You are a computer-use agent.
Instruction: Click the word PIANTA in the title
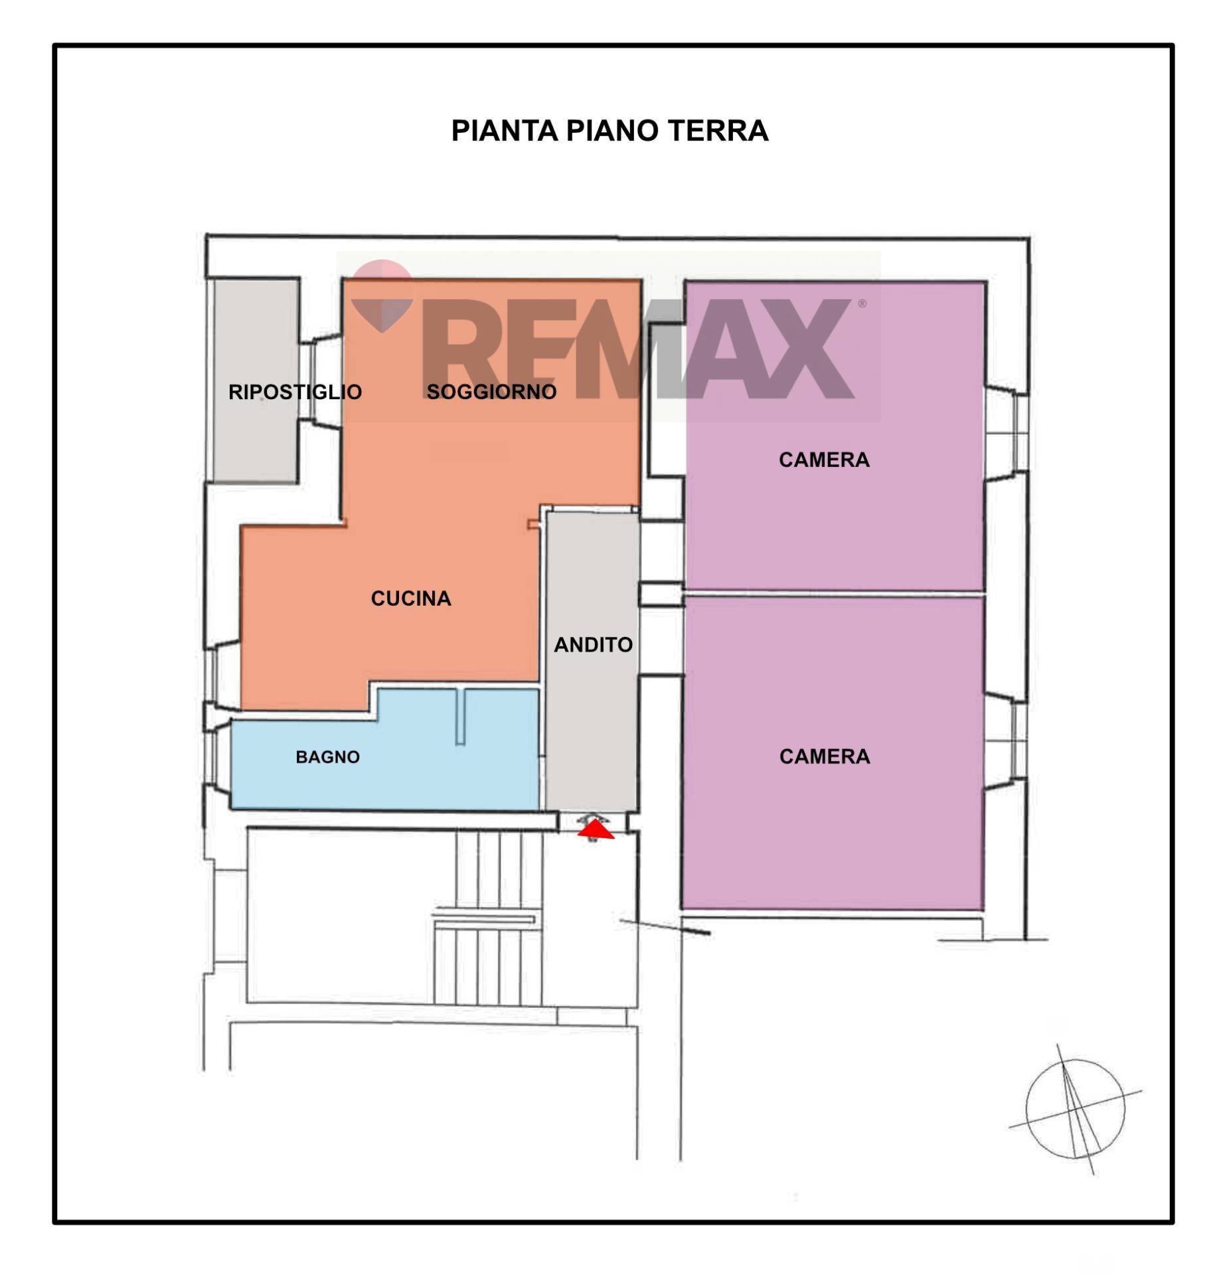pyautogui.click(x=505, y=130)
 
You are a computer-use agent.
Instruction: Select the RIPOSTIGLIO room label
pyautogui.click(x=295, y=392)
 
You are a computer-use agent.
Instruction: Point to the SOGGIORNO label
pyautogui.click(x=491, y=392)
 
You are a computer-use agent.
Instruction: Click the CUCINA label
pyautogui.click(x=411, y=598)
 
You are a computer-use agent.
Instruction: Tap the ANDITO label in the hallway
pyautogui.click(x=593, y=644)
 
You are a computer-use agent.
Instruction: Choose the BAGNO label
pyautogui.click(x=327, y=757)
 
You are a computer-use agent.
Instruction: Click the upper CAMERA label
pyautogui.click(x=824, y=460)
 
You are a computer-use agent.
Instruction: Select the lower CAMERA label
pyautogui.click(x=824, y=756)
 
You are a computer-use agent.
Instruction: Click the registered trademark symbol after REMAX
pyautogui.click(x=862, y=304)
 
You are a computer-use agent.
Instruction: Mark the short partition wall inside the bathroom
pyautogui.click(x=461, y=717)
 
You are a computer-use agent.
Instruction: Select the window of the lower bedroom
pyautogui.click(x=1008, y=741)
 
